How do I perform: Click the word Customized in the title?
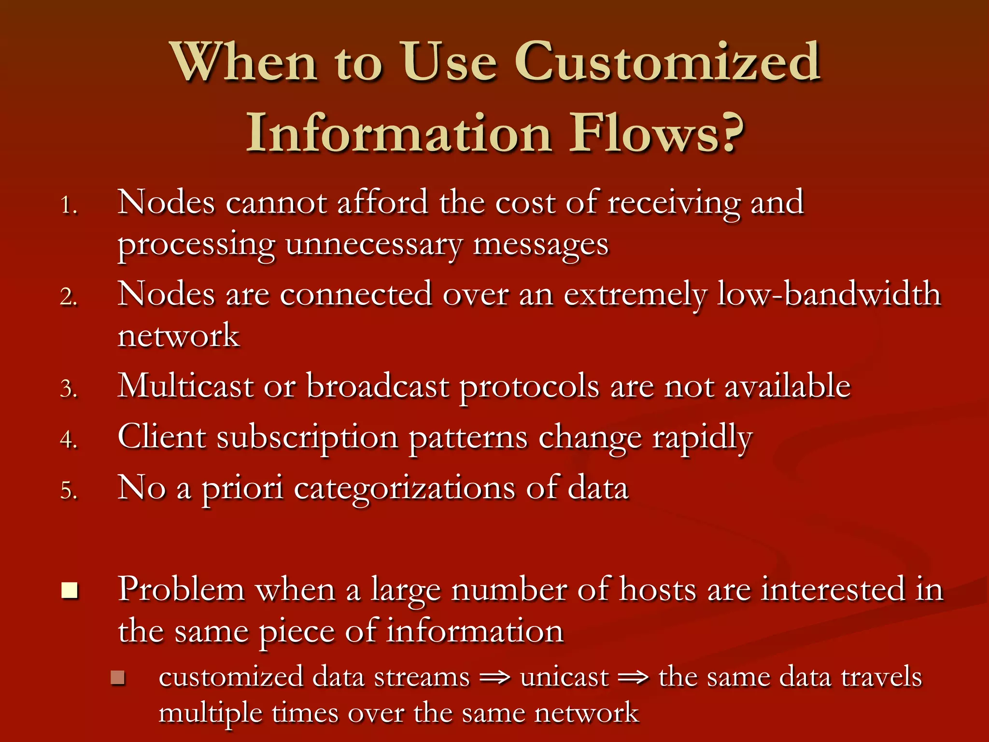tap(667, 63)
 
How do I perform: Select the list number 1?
tap(69, 205)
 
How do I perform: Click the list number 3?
tap(69, 389)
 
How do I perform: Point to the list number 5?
tap(69, 491)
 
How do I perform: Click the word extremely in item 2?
tap(636, 295)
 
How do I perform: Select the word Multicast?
tap(185, 386)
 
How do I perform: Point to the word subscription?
tap(307, 438)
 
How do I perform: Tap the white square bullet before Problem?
tap(70, 590)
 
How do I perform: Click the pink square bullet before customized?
tap(117, 678)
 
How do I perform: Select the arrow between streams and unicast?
tap(495, 678)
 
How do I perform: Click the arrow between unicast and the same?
tap(634, 678)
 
